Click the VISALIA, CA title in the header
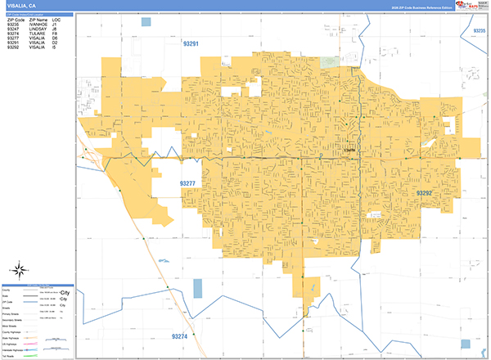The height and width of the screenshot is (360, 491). coord(20,6)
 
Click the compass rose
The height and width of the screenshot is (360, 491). coord(19,271)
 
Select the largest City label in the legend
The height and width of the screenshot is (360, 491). coord(65,293)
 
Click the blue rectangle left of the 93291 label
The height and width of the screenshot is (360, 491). coord(146,22)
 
